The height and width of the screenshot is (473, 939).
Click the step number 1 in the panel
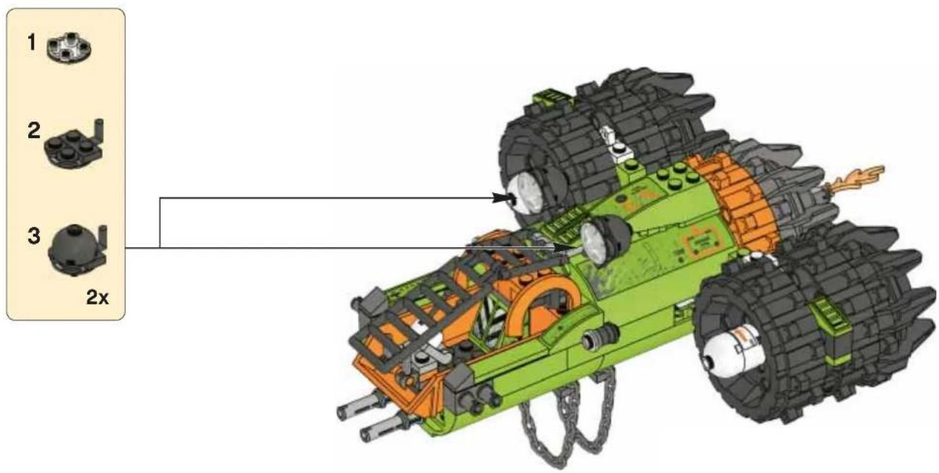[31, 42]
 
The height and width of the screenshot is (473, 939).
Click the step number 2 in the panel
[34, 130]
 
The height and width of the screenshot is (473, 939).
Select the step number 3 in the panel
[34, 236]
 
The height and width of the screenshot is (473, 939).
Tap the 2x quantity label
[98, 298]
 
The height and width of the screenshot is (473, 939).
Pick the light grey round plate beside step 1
[69, 48]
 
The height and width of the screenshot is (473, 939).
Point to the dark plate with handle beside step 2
[75, 143]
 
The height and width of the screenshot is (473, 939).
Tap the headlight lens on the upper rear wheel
[526, 195]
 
